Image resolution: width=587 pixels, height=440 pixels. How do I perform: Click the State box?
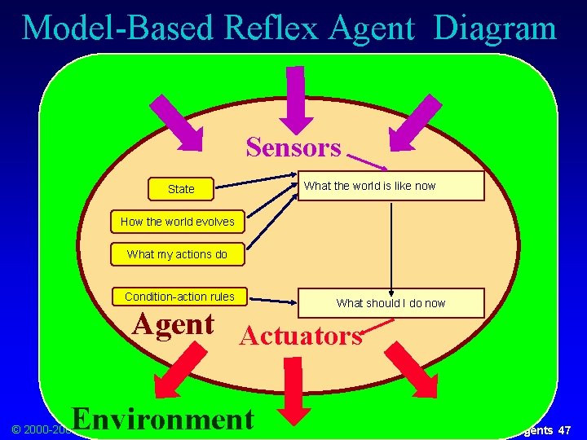tap(181, 189)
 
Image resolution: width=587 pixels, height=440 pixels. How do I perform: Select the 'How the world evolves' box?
tap(177, 222)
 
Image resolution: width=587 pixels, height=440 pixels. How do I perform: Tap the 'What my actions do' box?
tap(177, 254)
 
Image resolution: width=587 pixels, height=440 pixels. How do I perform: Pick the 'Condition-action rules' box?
tap(179, 297)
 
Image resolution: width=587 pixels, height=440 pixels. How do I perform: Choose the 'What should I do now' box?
tap(391, 303)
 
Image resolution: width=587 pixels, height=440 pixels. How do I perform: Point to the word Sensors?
tap(293, 147)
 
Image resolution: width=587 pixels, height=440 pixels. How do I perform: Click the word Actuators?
tap(302, 336)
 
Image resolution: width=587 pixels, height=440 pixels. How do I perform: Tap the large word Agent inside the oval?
tap(174, 323)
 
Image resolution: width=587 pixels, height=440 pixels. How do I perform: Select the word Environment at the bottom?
tap(163, 418)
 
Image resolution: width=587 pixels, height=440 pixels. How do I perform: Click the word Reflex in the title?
tap(268, 28)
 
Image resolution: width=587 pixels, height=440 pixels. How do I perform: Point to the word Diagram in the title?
tap(495, 28)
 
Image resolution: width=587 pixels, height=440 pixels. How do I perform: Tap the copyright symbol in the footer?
tap(15, 429)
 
